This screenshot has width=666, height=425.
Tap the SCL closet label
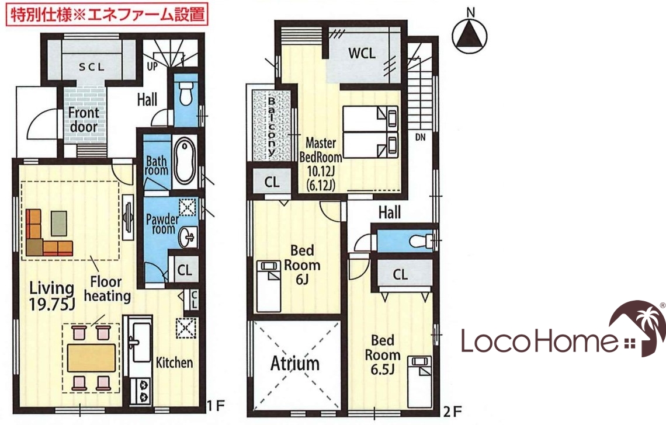click(x=92, y=67)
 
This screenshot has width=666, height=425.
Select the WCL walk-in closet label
click(x=362, y=53)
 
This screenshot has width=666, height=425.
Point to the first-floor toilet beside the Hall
click(x=186, y=93)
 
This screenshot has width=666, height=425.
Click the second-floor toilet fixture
click(x=421, y=241)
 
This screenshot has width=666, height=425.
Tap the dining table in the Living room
click(x=91, y=357)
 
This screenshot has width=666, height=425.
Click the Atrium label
click(x=295, y=364)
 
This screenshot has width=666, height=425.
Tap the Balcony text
click(x=271, y=126)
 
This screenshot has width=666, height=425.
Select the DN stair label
click(x=420, y=137)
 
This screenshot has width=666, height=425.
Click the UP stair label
click(x=152, y=66)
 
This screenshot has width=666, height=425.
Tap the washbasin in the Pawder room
click(x=188, y=237)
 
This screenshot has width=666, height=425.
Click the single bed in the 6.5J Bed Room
click(x=419, y=382)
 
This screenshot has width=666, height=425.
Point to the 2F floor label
click(x=452, y=411)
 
